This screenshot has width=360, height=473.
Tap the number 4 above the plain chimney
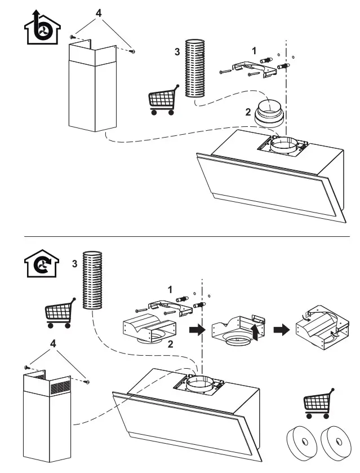(x=99, y=12)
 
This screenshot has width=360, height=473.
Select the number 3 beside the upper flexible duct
(x=177, y=51)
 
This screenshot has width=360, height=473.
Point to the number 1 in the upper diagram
(x=255, y=50)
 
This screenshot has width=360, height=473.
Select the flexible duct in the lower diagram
(x=92, y=281)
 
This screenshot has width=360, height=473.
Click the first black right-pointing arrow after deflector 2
(x=195, y=330)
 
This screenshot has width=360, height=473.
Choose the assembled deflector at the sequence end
(x=321, y=330)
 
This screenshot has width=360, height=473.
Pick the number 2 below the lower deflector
(x=170, y=343)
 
